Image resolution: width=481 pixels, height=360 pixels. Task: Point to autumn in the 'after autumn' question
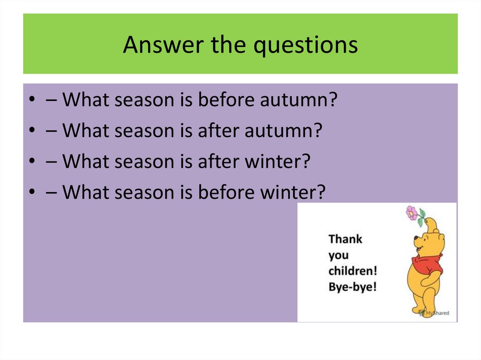(281, 131)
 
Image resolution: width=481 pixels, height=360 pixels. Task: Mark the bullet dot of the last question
(31, 193)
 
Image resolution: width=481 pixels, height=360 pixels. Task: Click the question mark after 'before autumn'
(334, 100)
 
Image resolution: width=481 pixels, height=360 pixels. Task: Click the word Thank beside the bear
(345, 239)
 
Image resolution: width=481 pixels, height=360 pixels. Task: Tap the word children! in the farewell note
(353, 271)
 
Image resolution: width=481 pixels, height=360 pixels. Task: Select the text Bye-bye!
(352, 287)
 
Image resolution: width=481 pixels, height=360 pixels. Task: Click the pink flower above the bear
(412, 213)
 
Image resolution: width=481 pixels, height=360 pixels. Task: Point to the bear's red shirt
(428, 266)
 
